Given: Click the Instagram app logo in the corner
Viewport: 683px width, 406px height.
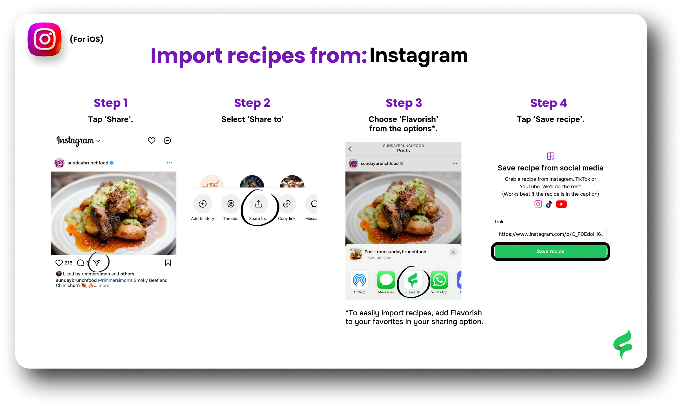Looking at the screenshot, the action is [x=45, y=39].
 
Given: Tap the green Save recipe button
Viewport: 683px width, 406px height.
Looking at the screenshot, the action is [x=550, y=251].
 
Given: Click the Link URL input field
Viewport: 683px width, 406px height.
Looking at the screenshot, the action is [x=550, y=234].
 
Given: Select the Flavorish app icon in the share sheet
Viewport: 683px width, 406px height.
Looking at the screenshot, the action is [x=413, y=280].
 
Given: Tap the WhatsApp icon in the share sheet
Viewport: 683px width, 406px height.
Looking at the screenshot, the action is [x=439, y=280].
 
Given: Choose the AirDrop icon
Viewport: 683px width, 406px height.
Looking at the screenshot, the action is [x=360, y=280].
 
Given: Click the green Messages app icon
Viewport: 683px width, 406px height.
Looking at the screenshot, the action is [x=386, y=280].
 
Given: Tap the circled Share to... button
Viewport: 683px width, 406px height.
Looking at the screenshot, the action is [x=259, y=204].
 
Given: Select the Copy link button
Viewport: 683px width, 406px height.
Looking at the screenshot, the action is [x=287, y=204].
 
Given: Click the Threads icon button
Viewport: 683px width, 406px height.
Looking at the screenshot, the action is [x=231, y=204].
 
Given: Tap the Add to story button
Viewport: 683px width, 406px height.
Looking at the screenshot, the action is [x=203, y=204].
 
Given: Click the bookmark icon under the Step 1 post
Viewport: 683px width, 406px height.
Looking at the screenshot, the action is [x=168, y=263].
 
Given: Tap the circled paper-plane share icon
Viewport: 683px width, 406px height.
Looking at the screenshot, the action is [x=97, y=263].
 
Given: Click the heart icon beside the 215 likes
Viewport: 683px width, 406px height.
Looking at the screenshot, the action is [x=59, y=263].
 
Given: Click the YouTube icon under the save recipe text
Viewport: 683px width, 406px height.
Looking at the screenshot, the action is [x=561, y=204].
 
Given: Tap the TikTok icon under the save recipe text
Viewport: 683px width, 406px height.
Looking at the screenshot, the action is [x=549, y=204].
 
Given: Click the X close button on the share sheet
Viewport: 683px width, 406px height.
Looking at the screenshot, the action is [x=453, y=252].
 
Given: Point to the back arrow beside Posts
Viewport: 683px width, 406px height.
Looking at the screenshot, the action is [x=350, y=149].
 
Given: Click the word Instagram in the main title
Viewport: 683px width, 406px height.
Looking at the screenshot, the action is [x=418, y=55].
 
